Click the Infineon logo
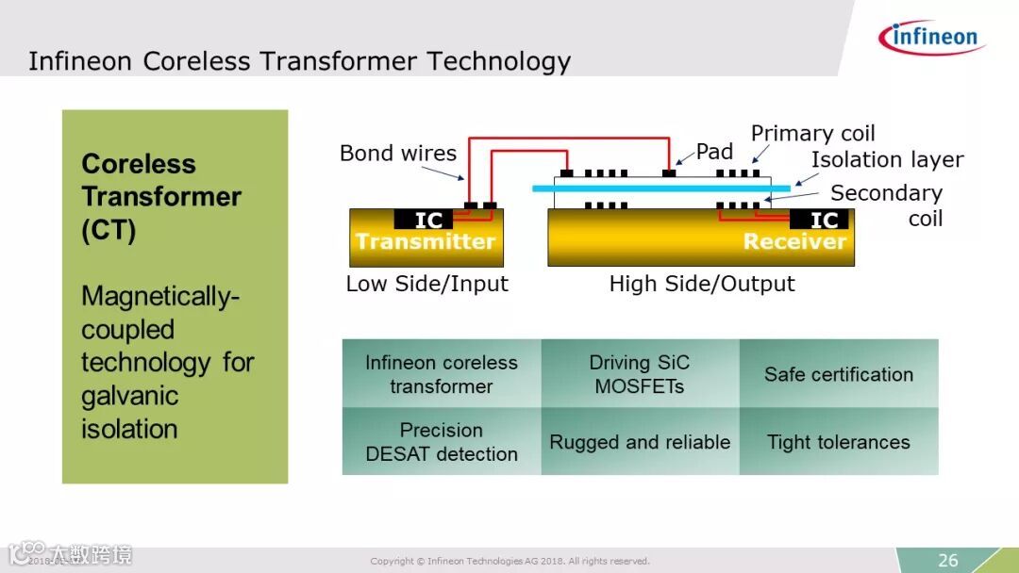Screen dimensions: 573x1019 coord(930,38)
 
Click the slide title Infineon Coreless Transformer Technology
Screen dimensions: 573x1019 coord(299,62)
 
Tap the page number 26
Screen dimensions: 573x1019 coord(947,560)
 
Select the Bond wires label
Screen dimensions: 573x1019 coord(397,154)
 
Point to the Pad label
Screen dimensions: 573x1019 coord(714,152)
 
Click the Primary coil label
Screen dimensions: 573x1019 coord(812,134)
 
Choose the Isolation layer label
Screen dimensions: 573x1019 coord(887,160)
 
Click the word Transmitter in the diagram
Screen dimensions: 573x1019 coord(425,242)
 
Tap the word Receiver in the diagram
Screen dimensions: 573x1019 coord(794,242)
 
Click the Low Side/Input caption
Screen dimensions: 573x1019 coord(426,284)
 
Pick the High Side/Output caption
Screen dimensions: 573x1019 coord(702,284)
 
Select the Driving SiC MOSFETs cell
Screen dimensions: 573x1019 coord(640,374)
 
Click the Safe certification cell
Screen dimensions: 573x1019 coord(839,374)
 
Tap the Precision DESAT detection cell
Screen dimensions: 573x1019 coord(442,442)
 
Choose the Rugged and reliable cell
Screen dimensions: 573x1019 coord(640,442)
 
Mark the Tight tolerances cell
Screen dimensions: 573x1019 coord(839,442)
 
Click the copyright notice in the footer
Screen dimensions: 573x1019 coord(509,562)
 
